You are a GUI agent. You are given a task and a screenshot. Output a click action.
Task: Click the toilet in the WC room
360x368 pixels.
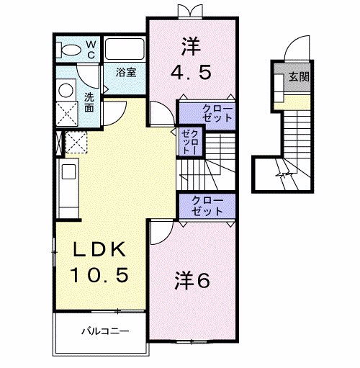[x=71, y=50]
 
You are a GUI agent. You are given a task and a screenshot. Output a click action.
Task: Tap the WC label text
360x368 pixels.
[x=91, y=48]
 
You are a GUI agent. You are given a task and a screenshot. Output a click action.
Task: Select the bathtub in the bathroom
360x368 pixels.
[x=125, y=50]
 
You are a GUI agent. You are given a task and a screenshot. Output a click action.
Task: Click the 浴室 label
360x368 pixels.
[x=127, y=72]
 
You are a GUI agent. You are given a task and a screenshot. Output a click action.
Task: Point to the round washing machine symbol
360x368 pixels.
[x=66, y=89]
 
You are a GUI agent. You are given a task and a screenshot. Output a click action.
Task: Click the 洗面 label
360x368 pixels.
[x=89, y=102]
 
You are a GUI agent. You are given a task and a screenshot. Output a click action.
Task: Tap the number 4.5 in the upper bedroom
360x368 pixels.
[x=192, y=72]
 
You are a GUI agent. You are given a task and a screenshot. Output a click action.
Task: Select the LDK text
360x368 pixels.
[x=101, y=251]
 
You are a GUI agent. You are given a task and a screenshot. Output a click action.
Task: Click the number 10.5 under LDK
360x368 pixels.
[x=101, y=274]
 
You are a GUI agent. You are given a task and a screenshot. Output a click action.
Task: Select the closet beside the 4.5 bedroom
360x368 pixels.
[x=207, y=112]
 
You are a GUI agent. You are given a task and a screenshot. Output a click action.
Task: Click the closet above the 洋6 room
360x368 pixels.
[x=207, y=206]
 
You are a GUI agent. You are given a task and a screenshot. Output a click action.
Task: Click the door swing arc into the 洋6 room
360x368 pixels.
[x=160, y=232]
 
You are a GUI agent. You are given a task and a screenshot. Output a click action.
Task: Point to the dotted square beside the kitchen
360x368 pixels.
[x=76, y=143]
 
